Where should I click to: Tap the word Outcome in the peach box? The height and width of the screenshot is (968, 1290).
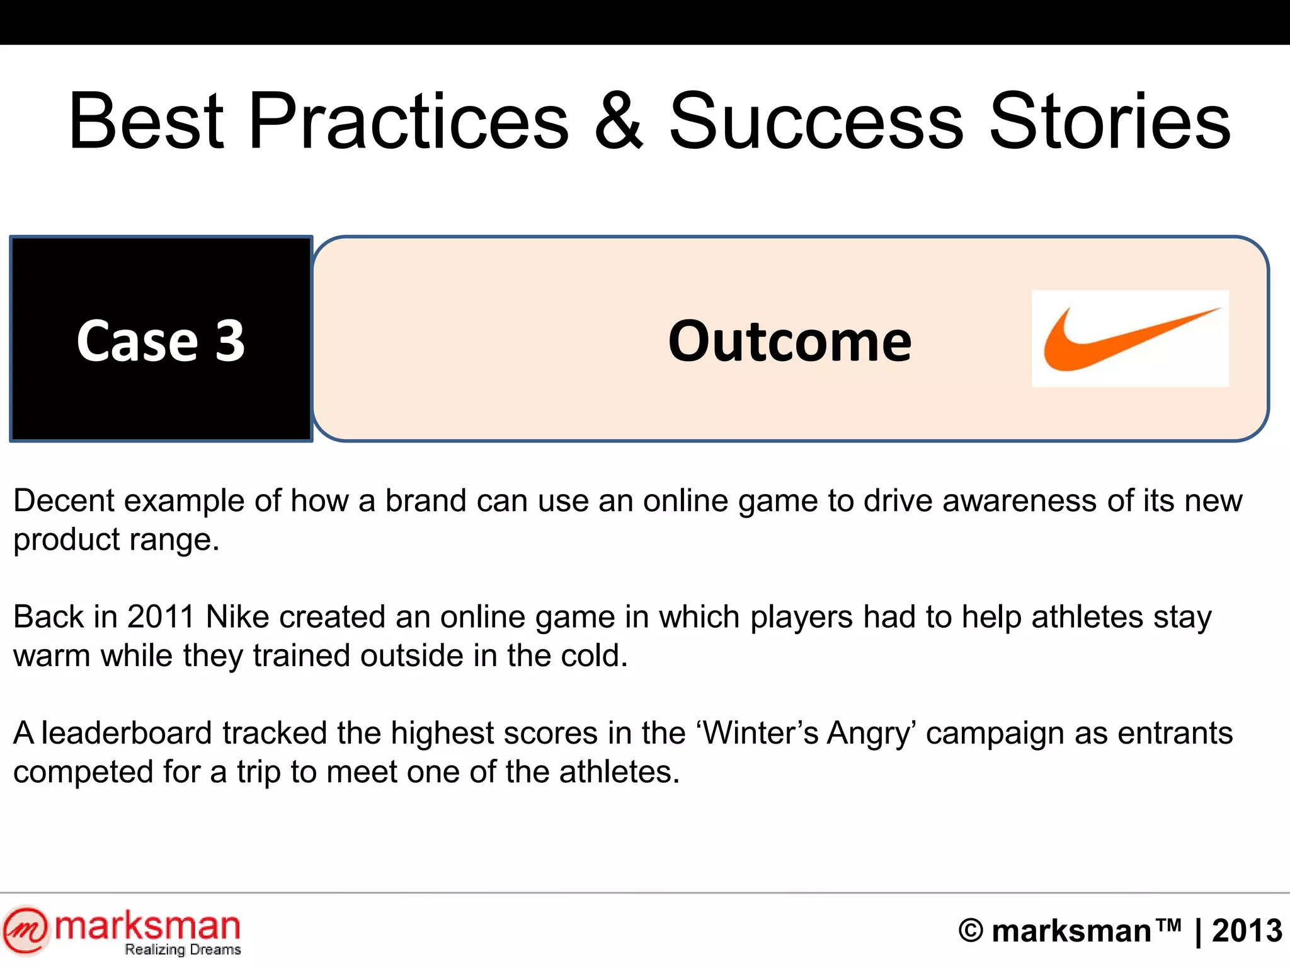tap(790, 342)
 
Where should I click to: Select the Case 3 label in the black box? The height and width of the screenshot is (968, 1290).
tap(161, 341)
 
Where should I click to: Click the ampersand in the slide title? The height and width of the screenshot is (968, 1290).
tap(619, 121)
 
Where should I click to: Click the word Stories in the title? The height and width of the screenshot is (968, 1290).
tap(1110, 121)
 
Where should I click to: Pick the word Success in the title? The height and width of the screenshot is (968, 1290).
tap(816, 121)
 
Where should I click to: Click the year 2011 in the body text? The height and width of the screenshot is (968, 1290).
tap(161, 617)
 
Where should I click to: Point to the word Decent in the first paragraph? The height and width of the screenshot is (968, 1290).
tap(64, 501)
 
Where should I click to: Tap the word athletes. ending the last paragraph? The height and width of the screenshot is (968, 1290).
tap(620, 772)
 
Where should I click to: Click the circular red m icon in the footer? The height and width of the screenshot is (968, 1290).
tap(25, 930)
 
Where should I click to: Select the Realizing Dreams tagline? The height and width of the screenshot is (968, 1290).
tap(183, 950)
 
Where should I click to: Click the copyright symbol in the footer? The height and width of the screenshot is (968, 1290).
tap(971, 931)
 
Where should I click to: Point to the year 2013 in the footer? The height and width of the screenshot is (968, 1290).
tap(1247, 931)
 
